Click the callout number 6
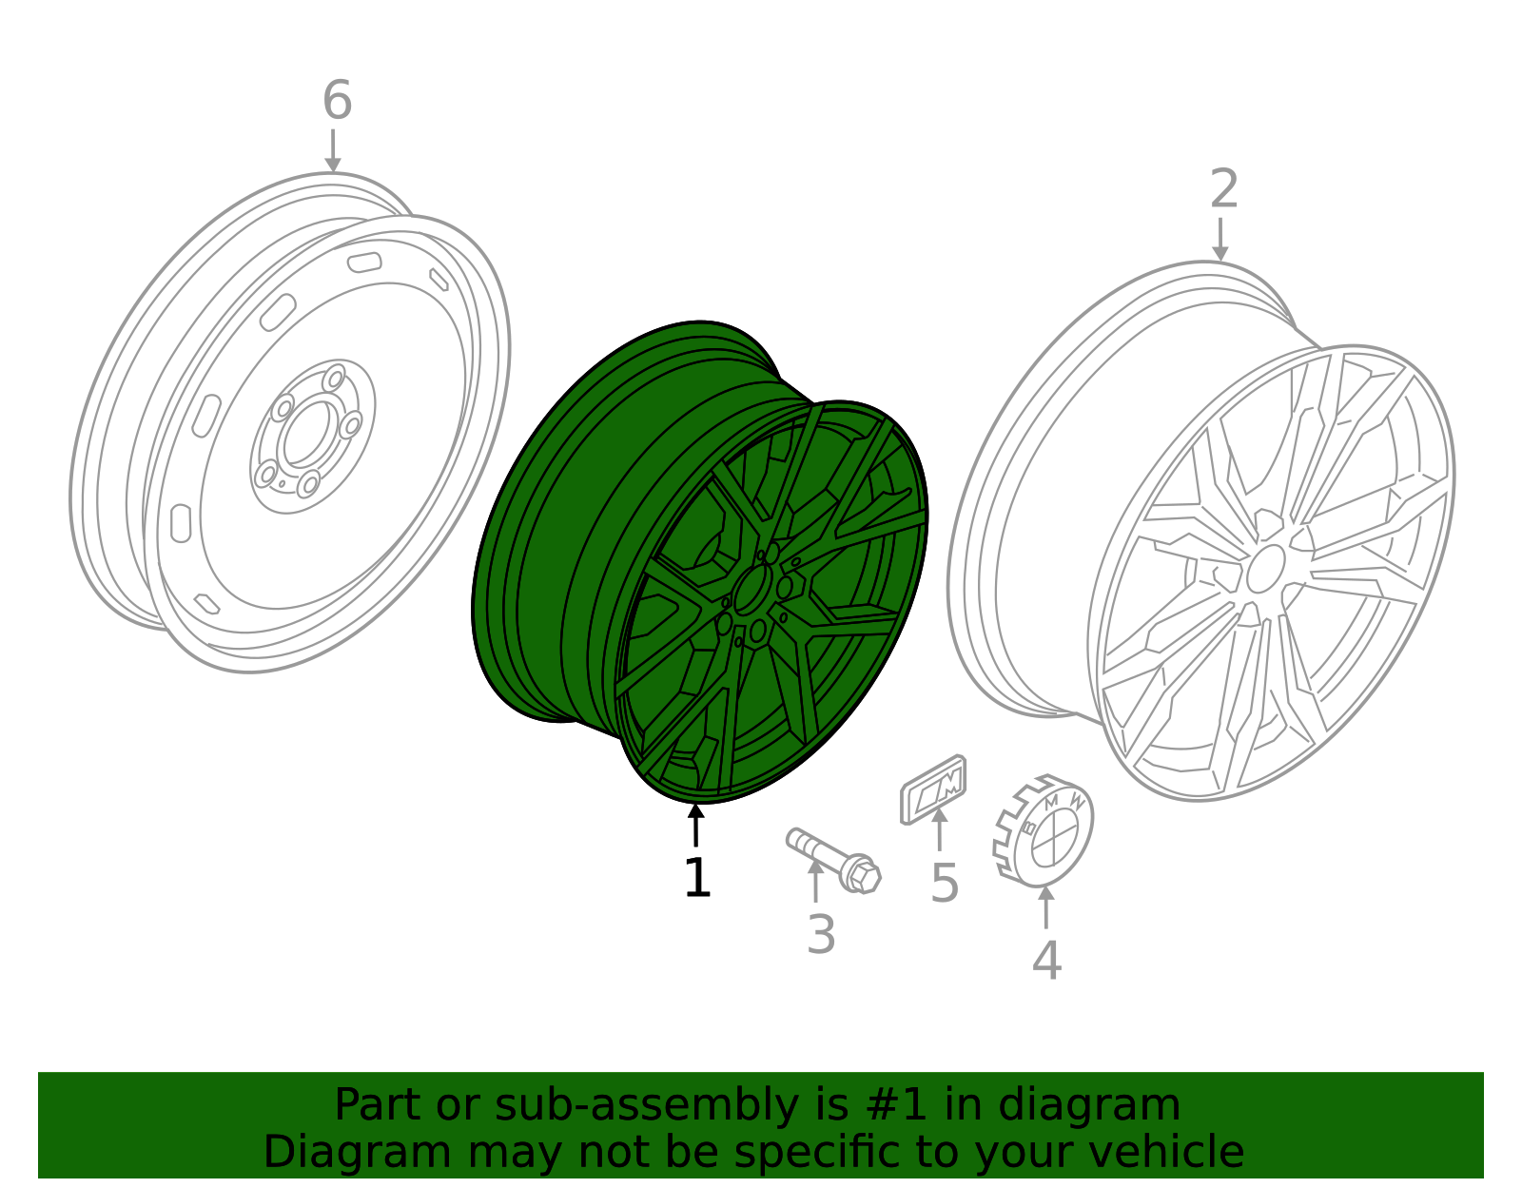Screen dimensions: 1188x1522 point(337,101)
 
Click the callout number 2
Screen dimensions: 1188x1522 point(1223,189)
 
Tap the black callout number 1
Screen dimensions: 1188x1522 point(696,878)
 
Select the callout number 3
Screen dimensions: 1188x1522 point(820,935)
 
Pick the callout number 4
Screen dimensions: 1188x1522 point(1046,961)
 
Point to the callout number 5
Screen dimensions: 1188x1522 point(944,884)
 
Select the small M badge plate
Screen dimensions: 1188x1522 point(934,789)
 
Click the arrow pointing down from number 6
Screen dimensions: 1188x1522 point(333,152)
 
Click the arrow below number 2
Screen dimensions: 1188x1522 point(1220,240)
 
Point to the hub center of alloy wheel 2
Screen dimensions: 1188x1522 point(1265,570)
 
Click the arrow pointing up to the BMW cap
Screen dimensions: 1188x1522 point(1046,906)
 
